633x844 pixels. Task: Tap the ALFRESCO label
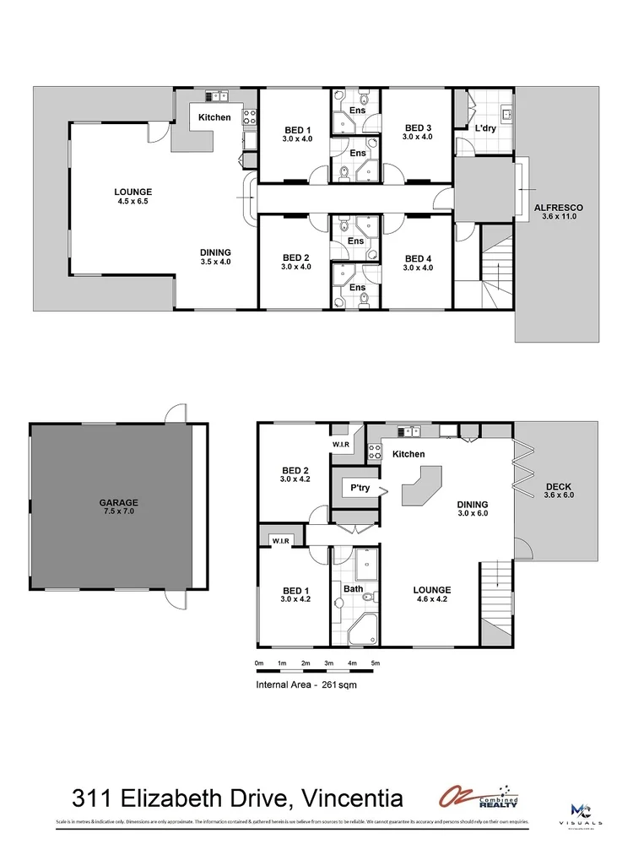pyautogui.click(x=559, y=208)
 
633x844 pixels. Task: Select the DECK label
pyautogui.click(x=559, y=486)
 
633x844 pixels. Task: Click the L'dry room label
pyautogui.click(x=484, y=127)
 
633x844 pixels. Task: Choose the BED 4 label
pyautogui.click(x=417, y=258)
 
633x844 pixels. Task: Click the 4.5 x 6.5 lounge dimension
pyautogui.click(x=133, y=202)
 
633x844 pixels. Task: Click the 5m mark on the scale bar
pyautogui.click(x=375, y=663)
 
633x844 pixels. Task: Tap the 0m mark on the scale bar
pyautogui.click(x=259, y=663)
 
